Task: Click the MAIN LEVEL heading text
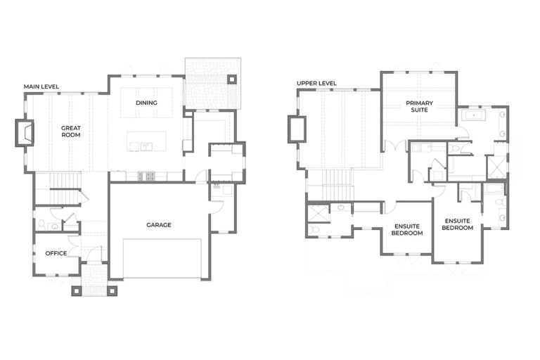pos(41,86)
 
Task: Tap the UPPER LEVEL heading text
pos(316,83)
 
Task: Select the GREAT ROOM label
pos(71,131)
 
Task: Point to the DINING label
pos(146,103)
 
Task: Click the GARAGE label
pos(159,225)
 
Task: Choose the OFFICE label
pos(56,253)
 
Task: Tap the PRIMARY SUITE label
pos(419,106)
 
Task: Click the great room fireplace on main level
pos(25,133)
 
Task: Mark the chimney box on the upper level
pos(297,129)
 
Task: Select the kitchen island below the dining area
pos(146,141)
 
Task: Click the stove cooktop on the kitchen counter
pos(146,176)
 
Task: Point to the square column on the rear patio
pos(232,79)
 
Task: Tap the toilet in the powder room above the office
pos(41,225)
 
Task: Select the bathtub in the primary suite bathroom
pos(473,115)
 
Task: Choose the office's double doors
pos(73,246)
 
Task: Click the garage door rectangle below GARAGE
pos(162,258)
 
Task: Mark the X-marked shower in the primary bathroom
pos(496,167)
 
